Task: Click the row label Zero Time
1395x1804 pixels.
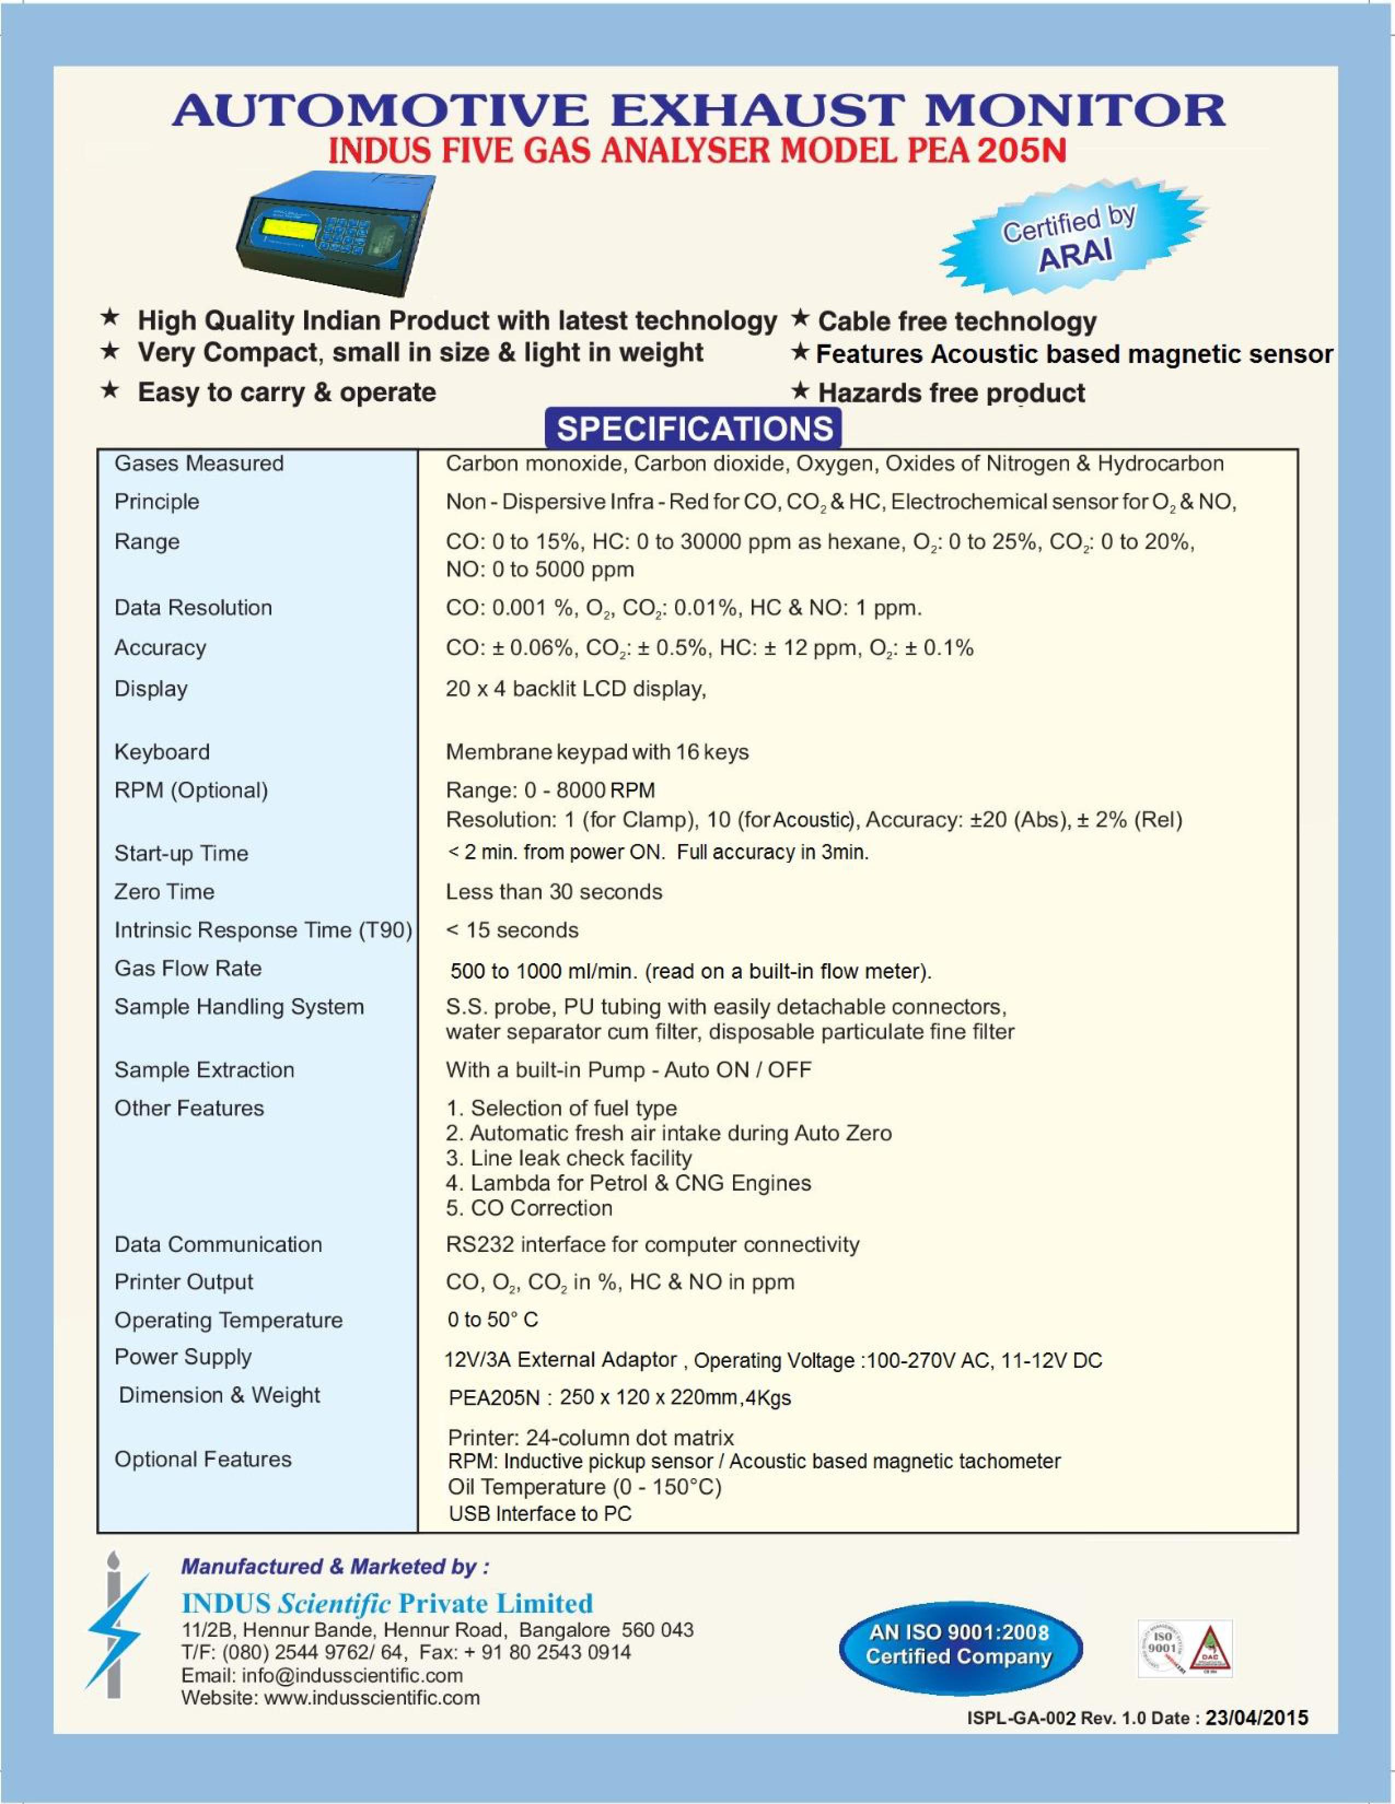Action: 165,891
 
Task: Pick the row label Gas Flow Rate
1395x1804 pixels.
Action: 188,968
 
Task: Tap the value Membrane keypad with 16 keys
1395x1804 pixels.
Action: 597,752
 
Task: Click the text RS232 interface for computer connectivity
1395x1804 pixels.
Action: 652,1244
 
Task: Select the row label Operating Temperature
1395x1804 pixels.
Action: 228,1320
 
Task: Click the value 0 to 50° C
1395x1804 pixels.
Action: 492,1319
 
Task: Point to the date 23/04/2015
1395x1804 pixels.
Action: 1256,1717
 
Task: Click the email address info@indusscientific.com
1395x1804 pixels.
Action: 352,1675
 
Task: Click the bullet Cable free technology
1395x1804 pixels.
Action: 956,321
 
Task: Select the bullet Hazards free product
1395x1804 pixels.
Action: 950,393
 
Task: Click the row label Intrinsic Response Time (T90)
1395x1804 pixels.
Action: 263,930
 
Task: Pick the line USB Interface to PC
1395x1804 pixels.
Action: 539,1513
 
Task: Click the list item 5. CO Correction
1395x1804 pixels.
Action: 529,1208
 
